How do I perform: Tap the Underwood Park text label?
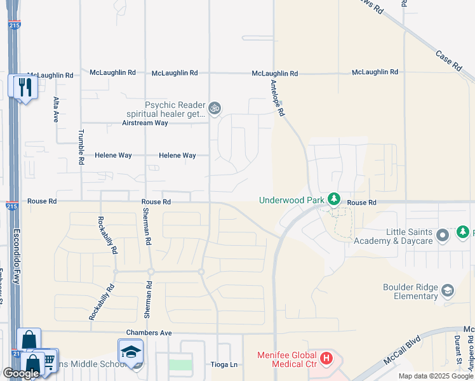pyautogui.click(x=291, y=201)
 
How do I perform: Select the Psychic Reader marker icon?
pyautogui.click(x=215, y=109)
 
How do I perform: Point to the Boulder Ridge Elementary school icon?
pyautogui.click(x=448, y=291)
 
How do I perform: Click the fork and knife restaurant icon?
pyautogui.click(x=25, y=87)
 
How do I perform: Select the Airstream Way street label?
pyautogui.click(x=145, y=123)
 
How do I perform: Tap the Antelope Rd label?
pyautogui.click(x=278, y=98)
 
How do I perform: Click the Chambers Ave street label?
pyautogui.click(x=149, y=333)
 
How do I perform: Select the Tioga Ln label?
pyautogui.click(x=224, y=364)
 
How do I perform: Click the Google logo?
pyautogui.click(x=21, y=373)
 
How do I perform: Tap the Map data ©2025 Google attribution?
pyautogui.click(x=435, y=376)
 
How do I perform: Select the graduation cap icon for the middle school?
pyautogui.click(x=130, y=352)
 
